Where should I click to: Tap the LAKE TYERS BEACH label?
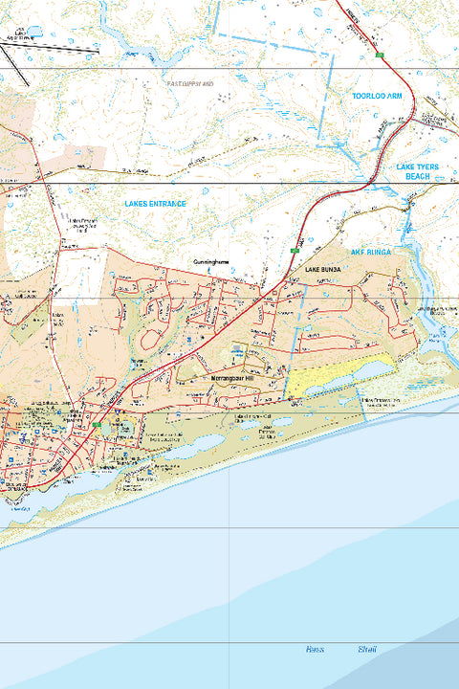click(417, 172)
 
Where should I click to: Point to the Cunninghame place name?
click(210, 260)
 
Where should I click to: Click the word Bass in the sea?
click(315, 650)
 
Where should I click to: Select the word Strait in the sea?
click(367, 650)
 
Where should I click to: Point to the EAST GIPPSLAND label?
click(191, 84)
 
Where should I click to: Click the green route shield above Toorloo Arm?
click(380, 56)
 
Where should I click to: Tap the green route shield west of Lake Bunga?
click(294, 251)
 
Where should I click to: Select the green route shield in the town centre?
click(97, 423)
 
